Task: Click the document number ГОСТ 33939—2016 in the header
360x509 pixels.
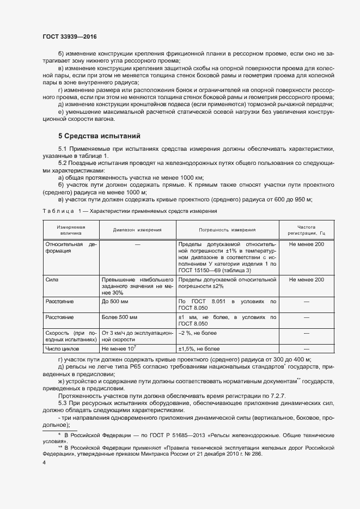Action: coord(69,36)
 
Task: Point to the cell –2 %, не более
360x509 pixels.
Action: coord(198,333)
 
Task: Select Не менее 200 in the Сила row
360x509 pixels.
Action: coord(306,279)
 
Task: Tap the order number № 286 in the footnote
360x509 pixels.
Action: coord(253,453)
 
